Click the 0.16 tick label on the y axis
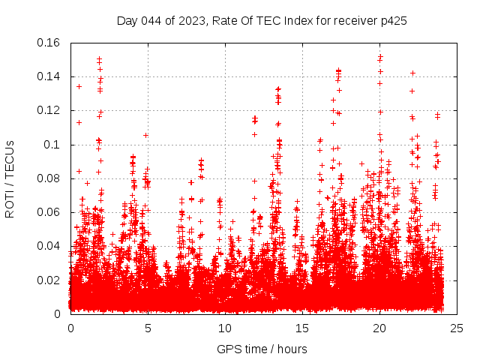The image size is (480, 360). click(x=52, y=43)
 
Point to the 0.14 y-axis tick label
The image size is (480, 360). click(x=52, y=76)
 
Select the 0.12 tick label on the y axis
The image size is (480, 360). click(x=52, y=110)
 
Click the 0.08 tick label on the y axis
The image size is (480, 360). click(x=52, y=178)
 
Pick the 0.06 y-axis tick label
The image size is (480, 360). click(x=52, y=212)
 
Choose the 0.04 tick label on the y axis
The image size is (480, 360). click(x=52, y=246)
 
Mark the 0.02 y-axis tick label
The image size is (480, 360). click(x=52, y=280)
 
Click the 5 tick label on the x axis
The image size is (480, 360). click(x=148, y=328)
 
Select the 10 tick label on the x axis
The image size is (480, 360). click(x=225, y=328)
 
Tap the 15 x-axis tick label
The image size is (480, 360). click(x=302, y=328)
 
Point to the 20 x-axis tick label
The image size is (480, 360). click(x=379, y=328)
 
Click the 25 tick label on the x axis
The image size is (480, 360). click(x=457, y=328)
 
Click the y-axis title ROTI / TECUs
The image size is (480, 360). click(x=10, y=178)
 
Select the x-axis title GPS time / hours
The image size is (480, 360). click(x=262, y=349)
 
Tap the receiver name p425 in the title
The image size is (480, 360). click(x=394, y=21)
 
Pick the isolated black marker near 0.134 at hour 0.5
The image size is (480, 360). click(x=79, y=86)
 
